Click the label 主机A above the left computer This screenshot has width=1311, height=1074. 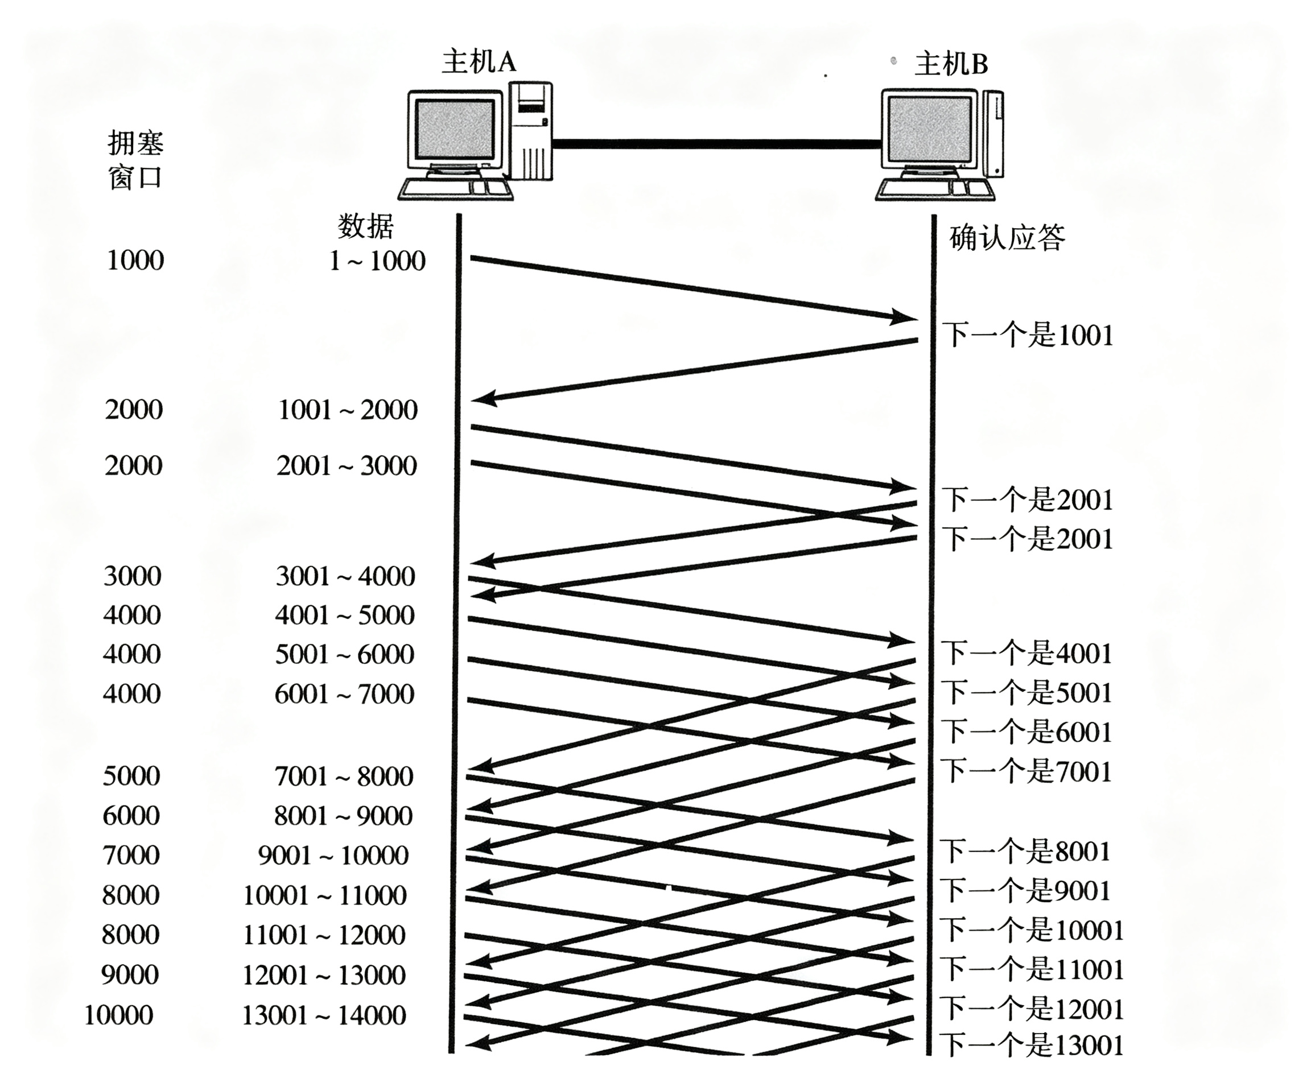tap(479, 62)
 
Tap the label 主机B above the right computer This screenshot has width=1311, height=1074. tap(951, 64)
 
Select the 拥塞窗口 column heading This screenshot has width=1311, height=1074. tap(135, 160)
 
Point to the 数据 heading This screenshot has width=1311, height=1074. tap(366, 226)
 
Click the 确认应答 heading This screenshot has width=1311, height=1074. tap(1007, 238)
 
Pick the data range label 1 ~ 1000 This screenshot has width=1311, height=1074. tap(377, 261)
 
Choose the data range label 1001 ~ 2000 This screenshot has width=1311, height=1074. tap(348, 410)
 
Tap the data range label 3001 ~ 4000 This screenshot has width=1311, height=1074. tap(345, 576)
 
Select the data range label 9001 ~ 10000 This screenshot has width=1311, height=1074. tap(333, 856)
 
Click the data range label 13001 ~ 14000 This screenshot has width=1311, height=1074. tap(324, 1015)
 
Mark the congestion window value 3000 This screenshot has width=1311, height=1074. tap(133, 576)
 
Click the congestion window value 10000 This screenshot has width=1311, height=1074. tap(118, 1015)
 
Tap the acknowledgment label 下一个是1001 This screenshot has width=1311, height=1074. tap(1028, 335)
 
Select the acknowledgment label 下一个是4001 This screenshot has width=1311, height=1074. tap(1026, 653)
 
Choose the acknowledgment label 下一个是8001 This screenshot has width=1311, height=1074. tap(1025, 851)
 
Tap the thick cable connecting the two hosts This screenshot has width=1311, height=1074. tap(716, 144)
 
